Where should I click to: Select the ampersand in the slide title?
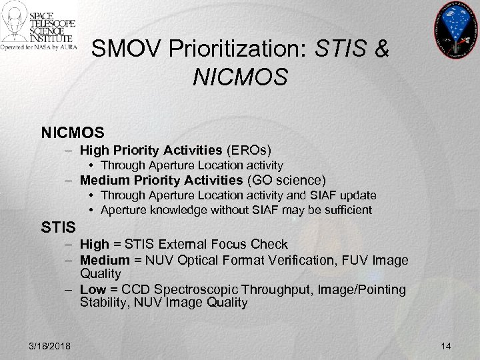pyautogui.click(x=381, y=49)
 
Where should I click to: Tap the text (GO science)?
pyautogui.click(x=287, y=180)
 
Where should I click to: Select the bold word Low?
pyautogui.click(x=93, y=289)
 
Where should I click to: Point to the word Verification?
pyautogui.click(x=294, y=259)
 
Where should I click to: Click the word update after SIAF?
pyautogui.click(x=360, y=195)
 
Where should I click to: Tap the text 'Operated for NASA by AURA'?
pyautogui.click(x=39, y=47)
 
